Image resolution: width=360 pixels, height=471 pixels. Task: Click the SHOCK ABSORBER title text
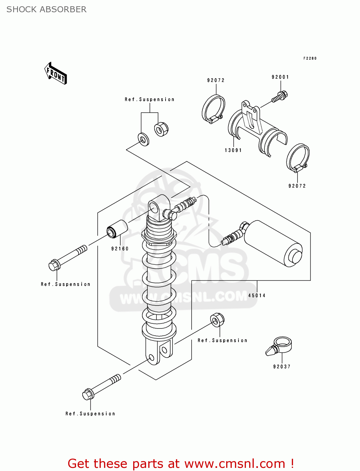tap(46, 9)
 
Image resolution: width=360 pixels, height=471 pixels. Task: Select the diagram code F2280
tap(310, 58)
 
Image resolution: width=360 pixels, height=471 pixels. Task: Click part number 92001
tap(280, 77)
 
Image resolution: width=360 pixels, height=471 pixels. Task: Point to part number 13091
tap(233, 150)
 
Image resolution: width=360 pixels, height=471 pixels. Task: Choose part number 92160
tap(120, 249)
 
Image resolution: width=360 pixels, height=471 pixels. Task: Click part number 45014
tap(257, 295)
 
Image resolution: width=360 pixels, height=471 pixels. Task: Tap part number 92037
tap(282, 367)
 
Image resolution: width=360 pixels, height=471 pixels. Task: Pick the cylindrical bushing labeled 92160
tap(117, 229)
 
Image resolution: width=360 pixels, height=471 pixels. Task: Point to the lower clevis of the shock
tap(159, 353)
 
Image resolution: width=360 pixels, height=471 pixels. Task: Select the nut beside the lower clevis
tap(217, 320)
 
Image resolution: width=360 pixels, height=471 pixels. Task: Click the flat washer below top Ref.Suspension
tap(144, 139)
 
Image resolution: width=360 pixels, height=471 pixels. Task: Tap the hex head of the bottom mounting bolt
tap(88, 394)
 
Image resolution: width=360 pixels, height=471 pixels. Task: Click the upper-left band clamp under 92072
tap(213, 109)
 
